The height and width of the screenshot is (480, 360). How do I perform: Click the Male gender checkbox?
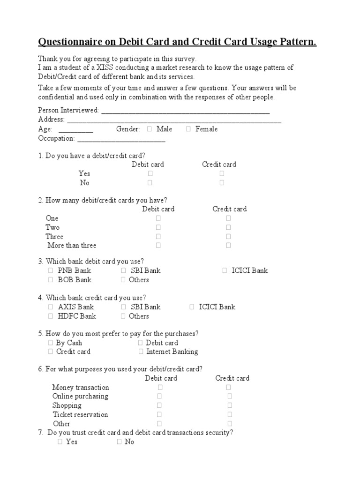pos(149,129)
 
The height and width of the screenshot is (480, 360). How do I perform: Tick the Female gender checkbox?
pos(188,129)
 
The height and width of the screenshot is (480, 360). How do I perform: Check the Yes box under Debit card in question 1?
pos(150,173)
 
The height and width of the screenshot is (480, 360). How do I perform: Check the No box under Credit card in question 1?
pos(222,183)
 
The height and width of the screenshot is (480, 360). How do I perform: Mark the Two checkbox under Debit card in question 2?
pos(158,227)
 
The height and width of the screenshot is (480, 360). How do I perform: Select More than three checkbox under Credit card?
pos(229,245)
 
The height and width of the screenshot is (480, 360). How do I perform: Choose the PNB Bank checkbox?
pos(50,270)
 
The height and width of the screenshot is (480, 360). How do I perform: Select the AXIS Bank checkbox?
pos(50,307)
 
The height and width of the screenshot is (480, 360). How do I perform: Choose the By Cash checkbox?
pos(50,343)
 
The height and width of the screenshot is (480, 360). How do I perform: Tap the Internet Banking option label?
pos(172,352)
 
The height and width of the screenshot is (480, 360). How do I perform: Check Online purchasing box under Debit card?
pos(160,396)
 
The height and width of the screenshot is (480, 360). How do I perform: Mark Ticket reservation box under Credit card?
pos(230,414)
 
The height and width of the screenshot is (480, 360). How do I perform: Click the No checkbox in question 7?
pos(119,442)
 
